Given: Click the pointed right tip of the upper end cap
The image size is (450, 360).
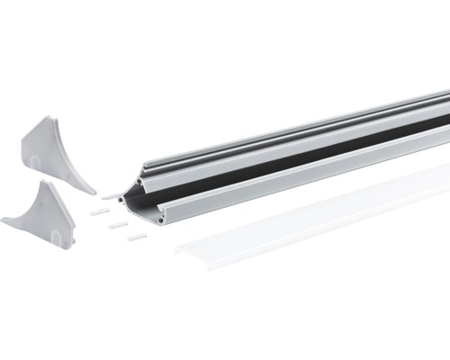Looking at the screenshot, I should (94, 191).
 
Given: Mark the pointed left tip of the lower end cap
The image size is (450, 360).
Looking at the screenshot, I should (4, 219).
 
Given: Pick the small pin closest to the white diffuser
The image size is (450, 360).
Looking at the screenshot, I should (137, 237).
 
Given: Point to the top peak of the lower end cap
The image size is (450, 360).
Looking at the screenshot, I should (43, 181).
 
